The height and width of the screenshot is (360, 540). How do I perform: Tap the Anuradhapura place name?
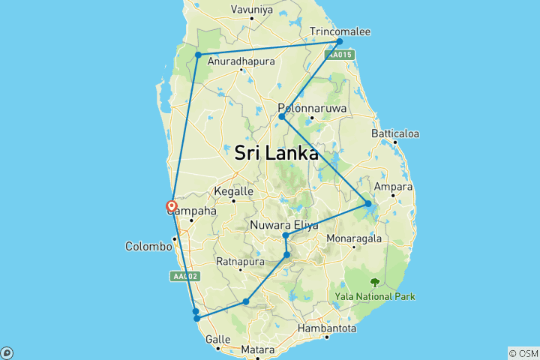pos(241,61)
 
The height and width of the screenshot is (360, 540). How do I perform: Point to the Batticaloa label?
pos(394,133)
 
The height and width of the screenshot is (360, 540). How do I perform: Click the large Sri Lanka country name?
pos(276,153)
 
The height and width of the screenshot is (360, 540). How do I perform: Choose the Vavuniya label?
pos(251,10)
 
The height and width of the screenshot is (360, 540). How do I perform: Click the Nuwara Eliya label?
pos(286,225)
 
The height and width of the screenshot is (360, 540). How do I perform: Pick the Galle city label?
pos(218,339)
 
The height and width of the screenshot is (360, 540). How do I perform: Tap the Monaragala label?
pos(353,239)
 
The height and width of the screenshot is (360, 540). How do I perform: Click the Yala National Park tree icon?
pos(374,283)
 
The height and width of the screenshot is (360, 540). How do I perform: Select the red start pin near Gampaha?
pos(172,206)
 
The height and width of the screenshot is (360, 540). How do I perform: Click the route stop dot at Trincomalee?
pos(340,41)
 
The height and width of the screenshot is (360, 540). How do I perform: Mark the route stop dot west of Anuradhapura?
pos(198,55)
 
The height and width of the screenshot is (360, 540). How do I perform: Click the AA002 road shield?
pos(184,277)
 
